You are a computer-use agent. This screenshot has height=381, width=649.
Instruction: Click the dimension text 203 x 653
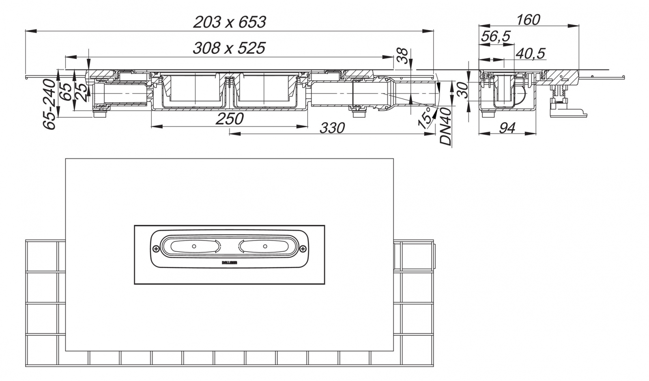click(x=229, y=22)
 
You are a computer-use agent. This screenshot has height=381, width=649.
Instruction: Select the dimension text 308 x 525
click(x=229, y=48)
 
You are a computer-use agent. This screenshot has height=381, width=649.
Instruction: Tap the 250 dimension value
click(x=230, y=119)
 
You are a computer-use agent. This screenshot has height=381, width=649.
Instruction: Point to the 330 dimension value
click(x=332, y=128)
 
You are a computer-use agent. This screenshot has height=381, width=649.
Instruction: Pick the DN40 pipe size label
click(x=446, y=127)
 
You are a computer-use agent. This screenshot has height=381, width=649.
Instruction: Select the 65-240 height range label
click(x=50, y=104)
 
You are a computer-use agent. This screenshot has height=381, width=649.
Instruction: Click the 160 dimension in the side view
click(x=528, y=19)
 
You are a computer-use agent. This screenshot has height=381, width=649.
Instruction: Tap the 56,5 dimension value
click(x=495, y=37)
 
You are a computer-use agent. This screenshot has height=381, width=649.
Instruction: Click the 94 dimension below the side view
click(x=507, y=128)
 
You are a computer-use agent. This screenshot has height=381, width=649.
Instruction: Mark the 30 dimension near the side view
click(x=462, y=90)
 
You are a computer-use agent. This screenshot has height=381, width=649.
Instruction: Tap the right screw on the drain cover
click(x=303, y=249)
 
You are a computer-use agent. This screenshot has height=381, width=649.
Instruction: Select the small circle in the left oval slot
click(x=194, y=246)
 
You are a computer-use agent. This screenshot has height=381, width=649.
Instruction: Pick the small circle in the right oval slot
click(x=265, y=246)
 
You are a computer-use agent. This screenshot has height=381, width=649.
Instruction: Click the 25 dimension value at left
click(x=81, y=92)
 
